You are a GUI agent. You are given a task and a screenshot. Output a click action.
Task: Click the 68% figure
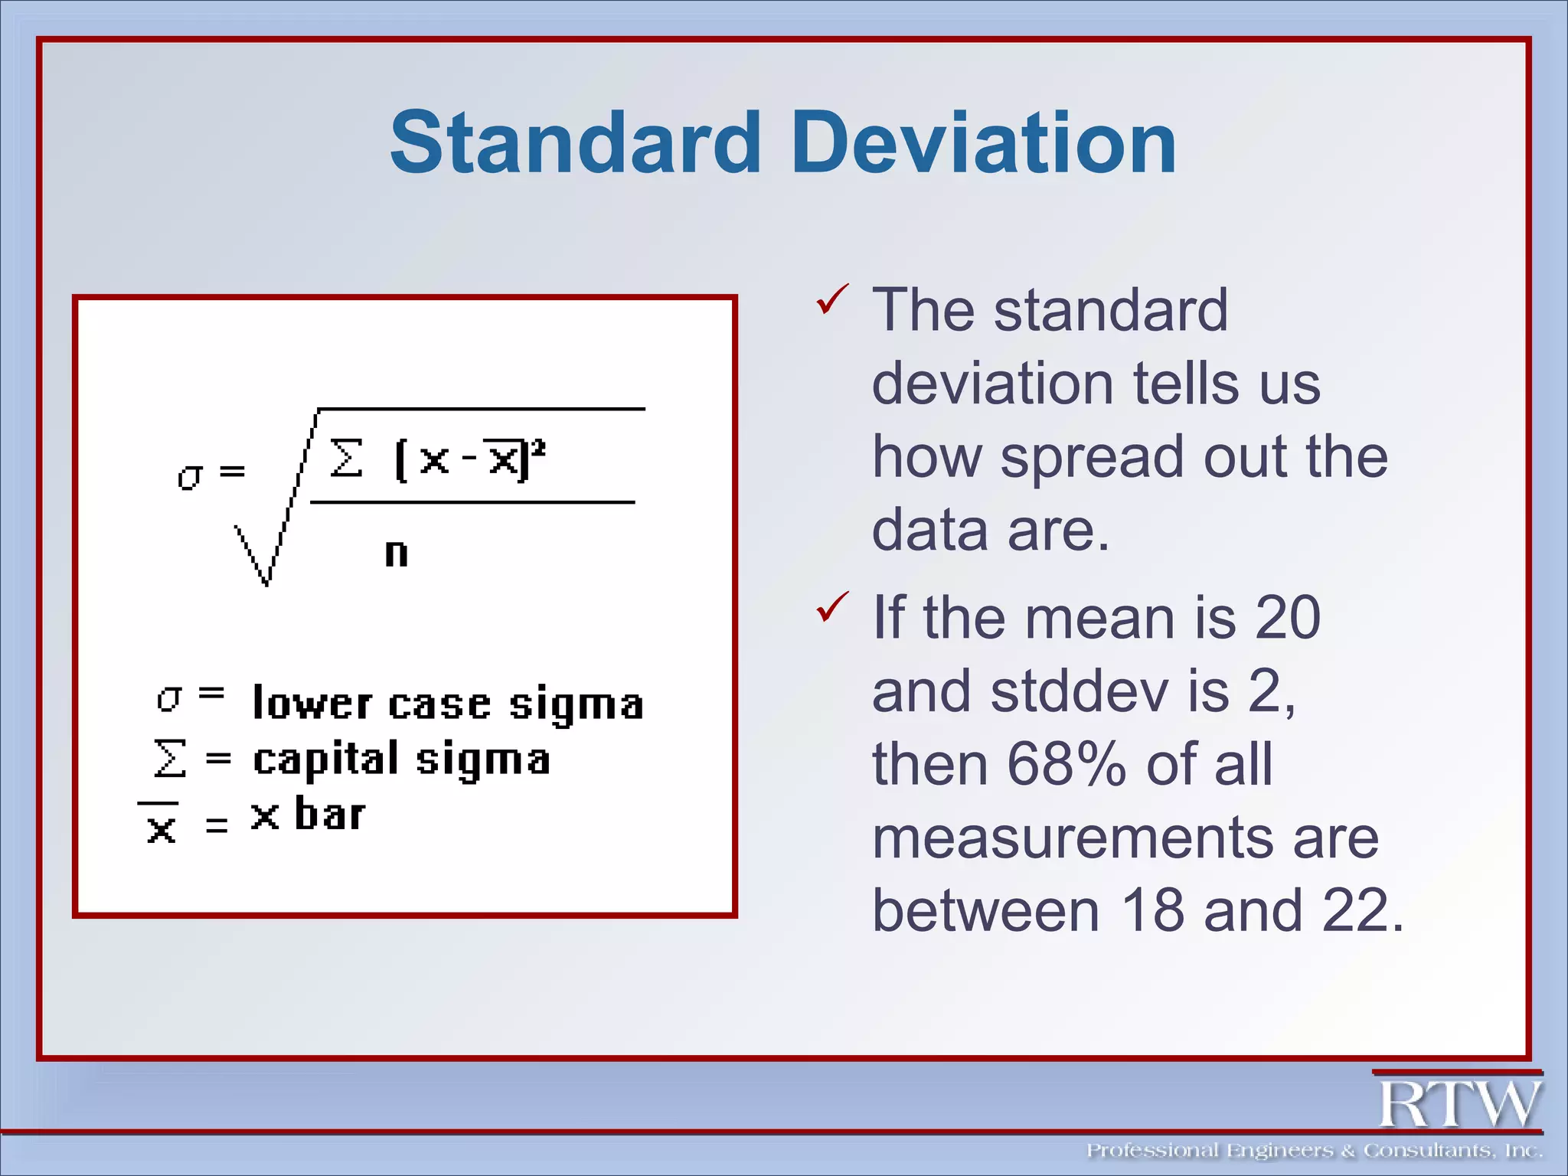pos(1067,764)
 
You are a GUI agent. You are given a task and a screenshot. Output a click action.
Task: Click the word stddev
pos(1080,691)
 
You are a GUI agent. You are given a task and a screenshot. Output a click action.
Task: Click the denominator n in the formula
pos(396,553)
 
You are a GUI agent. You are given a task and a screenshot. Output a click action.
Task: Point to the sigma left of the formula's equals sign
pos(190,476)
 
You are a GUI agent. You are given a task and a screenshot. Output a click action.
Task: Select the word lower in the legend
pos(312,703)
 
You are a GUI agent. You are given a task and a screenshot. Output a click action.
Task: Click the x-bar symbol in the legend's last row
pos(160,824)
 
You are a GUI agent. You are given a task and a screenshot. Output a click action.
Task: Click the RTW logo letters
pos(1459,1103)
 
